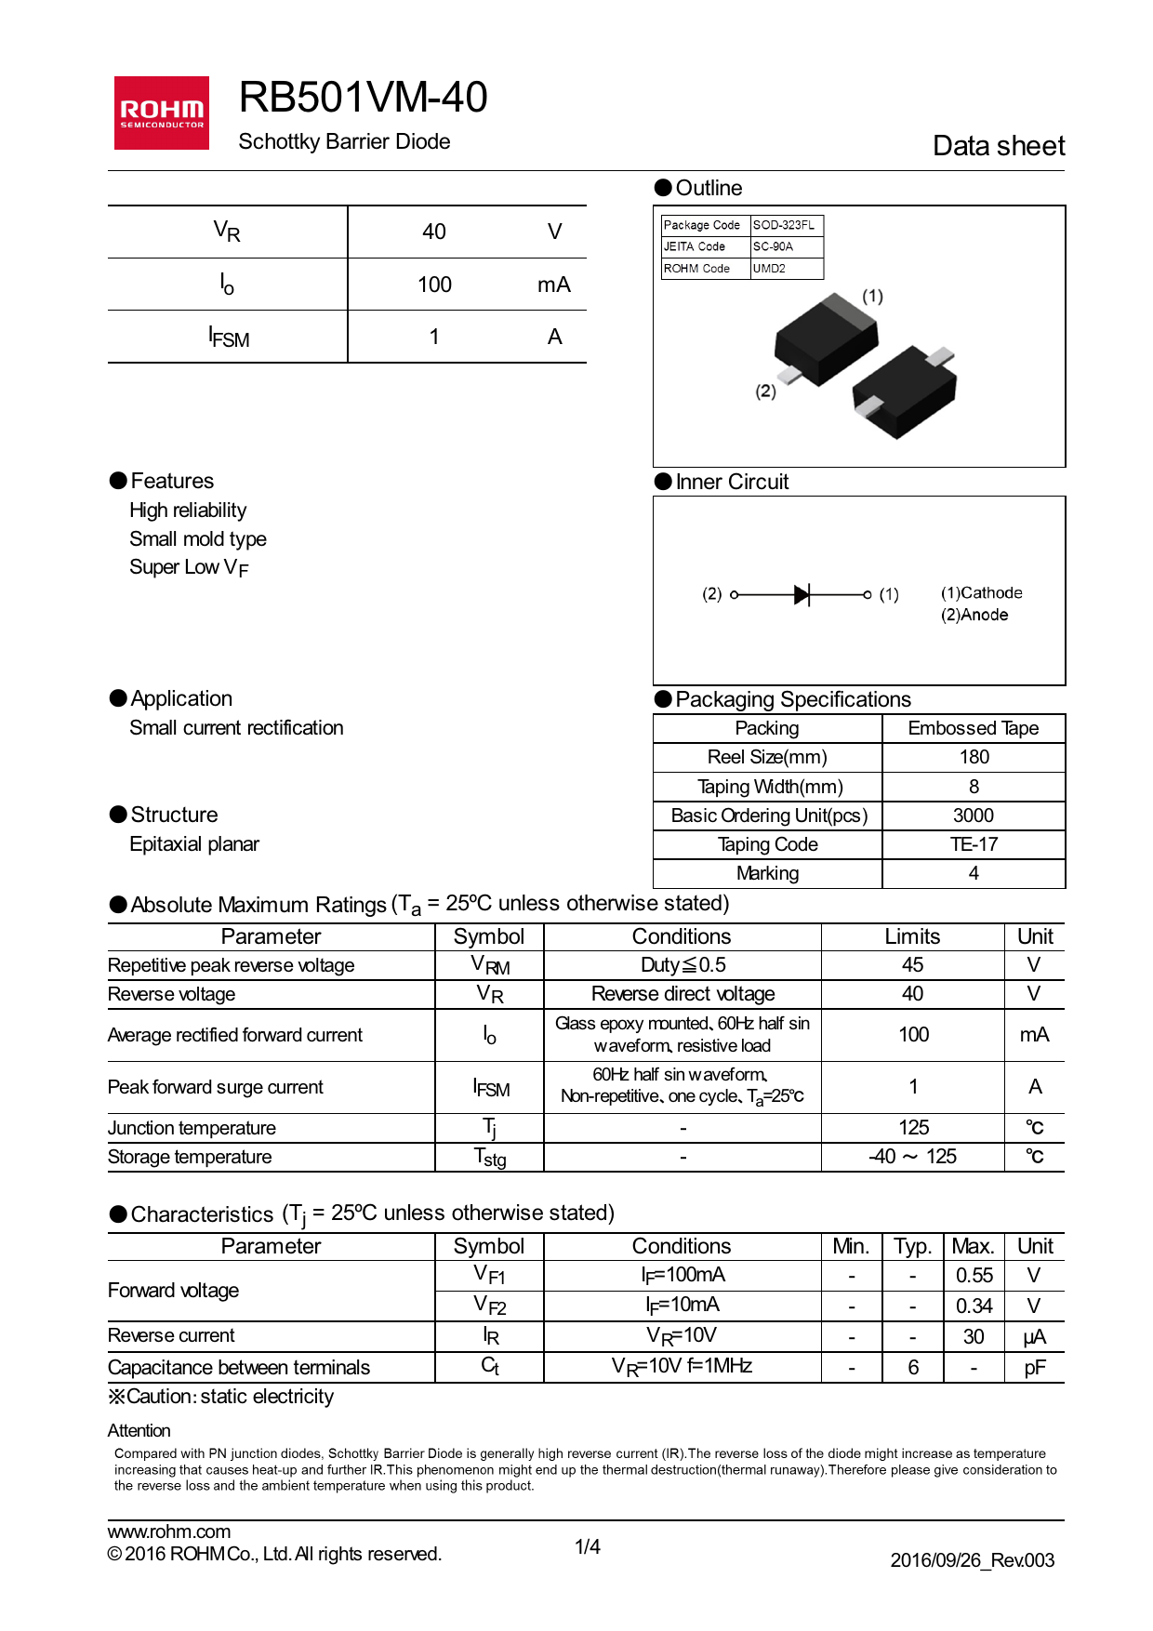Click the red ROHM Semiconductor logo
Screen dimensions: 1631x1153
tap(161, 113)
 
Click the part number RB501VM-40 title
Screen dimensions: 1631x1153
tap(363, 98)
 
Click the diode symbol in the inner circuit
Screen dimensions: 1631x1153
tap(802, 594)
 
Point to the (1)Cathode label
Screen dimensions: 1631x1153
tap(981, 593)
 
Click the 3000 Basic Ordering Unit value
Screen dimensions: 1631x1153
tap(973, 815)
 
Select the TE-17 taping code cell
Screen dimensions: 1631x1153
tap(973, 844)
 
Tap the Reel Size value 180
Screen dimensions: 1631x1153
tap(974, 757)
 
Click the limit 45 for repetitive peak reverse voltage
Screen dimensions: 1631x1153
tap(912, 965)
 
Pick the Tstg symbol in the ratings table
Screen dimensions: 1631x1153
tap(489, 1158)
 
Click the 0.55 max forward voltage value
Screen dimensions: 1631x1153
tap(974, 1276)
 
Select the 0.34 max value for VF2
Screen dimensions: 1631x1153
tap(974, 1306)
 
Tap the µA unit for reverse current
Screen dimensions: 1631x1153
tap(1034, 1337)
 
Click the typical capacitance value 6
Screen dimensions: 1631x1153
tap(912, 1368)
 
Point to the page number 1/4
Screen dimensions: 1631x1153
tap(587, 1546)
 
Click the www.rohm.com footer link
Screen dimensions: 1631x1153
tap(169, 1532)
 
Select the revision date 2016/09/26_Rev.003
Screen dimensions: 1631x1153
tap(972, 1560)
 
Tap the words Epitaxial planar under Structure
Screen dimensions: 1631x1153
tap(194, 844)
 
